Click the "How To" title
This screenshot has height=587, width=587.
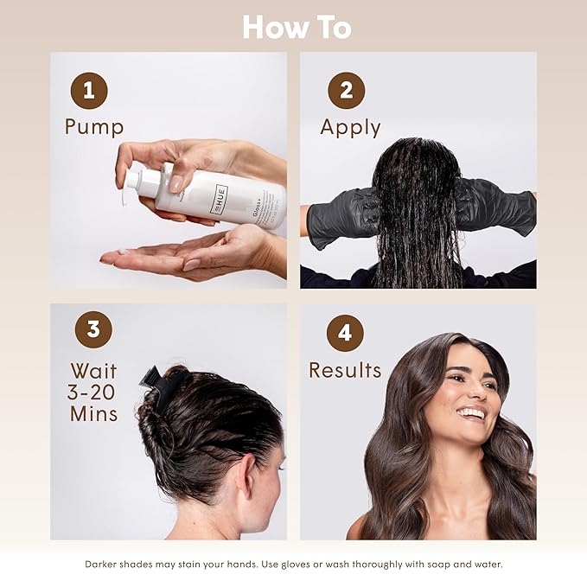[297, 27]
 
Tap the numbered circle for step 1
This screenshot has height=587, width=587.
[88, 91]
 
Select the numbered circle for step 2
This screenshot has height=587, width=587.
[346, 91]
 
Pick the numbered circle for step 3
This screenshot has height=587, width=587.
[93, 331]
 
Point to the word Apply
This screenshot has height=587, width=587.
[350, 127]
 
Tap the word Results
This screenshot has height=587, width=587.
[345, 371]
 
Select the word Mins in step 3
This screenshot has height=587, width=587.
[93, 414]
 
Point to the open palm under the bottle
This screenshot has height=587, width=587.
[173, 255]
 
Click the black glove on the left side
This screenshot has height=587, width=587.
[343, 216]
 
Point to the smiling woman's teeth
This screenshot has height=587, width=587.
[471, 413]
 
